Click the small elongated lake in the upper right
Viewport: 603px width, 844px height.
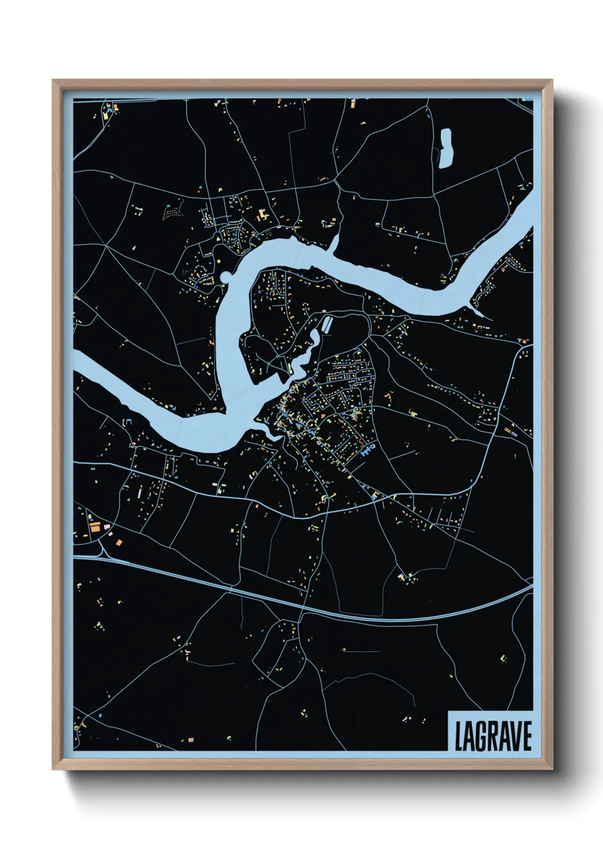coord(445,148)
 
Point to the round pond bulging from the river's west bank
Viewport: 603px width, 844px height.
coord(226,278)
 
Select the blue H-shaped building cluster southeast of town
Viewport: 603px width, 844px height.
coord(366,451)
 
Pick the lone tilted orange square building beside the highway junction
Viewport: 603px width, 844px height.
coord(119,542)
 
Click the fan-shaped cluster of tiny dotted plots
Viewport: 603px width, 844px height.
coord(173,211)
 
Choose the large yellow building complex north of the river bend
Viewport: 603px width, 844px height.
coord(263,215)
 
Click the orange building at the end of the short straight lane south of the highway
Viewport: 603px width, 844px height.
coord(344,649)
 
